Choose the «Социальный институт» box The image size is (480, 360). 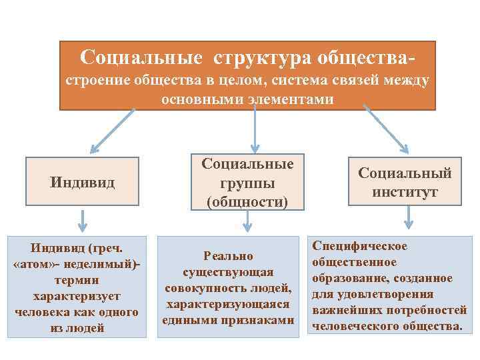(x=405, y=182)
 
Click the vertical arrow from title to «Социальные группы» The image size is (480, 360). (x=254, y=129)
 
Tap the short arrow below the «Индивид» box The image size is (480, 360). (x=81, y=220)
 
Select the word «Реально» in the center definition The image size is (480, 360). (x=229, y=256)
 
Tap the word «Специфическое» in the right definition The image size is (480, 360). (x=359, y=247)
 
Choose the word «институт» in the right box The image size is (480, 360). (x=405, y=192)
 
